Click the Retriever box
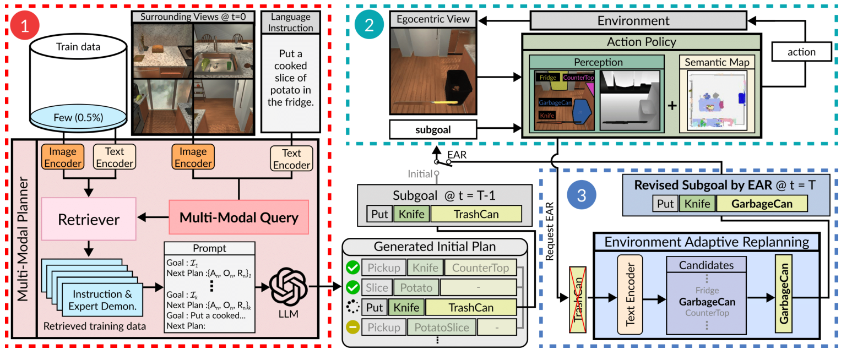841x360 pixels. [89, 219]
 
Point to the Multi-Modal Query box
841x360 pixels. [238, 217]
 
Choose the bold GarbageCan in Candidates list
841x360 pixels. [707, 302]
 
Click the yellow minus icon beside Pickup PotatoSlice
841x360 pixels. [352, 327]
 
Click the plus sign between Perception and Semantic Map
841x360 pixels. [671, 105]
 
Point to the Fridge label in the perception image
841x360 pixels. [548, 78]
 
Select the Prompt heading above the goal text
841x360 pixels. [209, 248]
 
